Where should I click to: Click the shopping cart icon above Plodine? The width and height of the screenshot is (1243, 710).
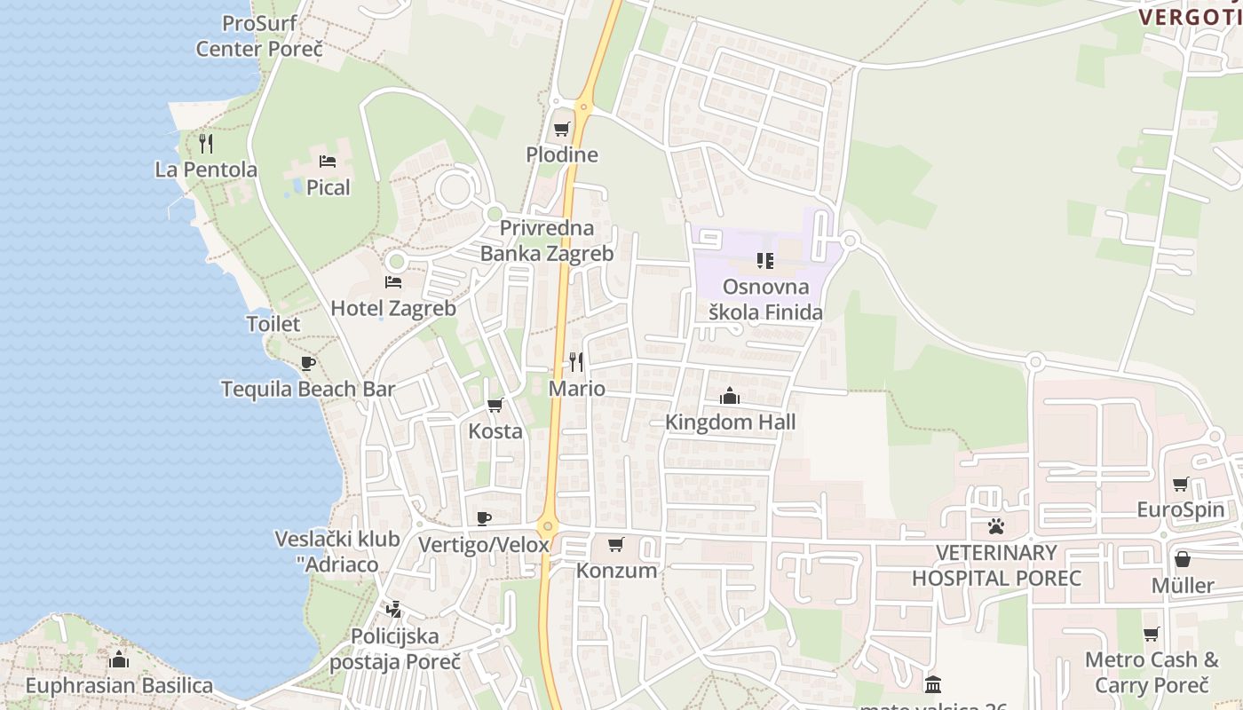pyautogui.click(x=561, y=130)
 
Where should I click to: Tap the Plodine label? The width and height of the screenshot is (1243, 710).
pyautogui.click(x=562, y=155)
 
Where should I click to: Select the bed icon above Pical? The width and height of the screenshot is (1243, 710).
pyautogui.click(x=328, y=162)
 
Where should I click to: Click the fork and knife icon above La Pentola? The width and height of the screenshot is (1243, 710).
pyautogui.click(x=206, y=143)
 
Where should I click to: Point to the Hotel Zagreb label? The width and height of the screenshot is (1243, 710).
pyautogui.click(x=393, y=309)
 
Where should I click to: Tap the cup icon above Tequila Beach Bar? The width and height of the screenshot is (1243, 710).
pyautogui.click(x=308, y=363)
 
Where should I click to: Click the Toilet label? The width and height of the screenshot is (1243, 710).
pyautogui.click(x=273, y=324)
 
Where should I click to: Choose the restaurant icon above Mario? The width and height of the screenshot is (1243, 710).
pyautogui.click(x=576, y=361)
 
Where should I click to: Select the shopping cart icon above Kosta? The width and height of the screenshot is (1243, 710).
pyautogui.click(x=495, y=406)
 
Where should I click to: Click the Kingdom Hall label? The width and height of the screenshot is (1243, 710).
pyautogui.click(x=731, y=422)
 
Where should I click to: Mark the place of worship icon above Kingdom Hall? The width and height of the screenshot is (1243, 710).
pyautogui.click(x=730, y=396)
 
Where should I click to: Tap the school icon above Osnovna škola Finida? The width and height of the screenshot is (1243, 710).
pyautogui.click(x=764, y=260)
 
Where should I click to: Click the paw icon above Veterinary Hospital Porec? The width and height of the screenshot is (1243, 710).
pyautogui.click(x=996, y=526)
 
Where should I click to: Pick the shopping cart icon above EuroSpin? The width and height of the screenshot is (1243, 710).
pyautogui.click(x=1180, y=484)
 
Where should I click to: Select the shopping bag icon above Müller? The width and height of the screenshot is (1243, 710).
pyautogui.click(x=1183, y=559)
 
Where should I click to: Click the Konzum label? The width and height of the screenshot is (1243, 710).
pyautogui.click(x=617, y=571)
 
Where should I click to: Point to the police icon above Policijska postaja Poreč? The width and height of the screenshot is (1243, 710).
pyautogui.click(x=394, y=610)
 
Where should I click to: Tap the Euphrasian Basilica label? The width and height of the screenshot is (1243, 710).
pyautogui.click(x=119, y=686)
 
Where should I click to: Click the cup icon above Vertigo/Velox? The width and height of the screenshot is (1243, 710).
pyautogui.click(x=484, y=518)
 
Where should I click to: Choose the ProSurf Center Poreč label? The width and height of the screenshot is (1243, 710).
pyautogui.click(x=259, y=35)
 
